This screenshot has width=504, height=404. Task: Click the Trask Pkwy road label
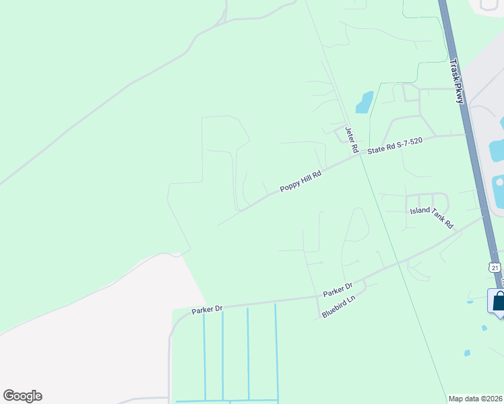[457, 82]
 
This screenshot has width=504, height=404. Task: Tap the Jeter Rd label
[350, 140]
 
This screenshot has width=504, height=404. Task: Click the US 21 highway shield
[495, 267]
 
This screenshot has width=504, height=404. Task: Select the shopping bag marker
[497, 300]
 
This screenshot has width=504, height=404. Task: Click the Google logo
[22, 396]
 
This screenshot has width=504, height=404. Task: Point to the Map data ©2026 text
[476, 399]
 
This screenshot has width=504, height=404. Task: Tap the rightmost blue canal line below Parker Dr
[275, 350]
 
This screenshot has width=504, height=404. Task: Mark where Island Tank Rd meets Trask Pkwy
[482, 217]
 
